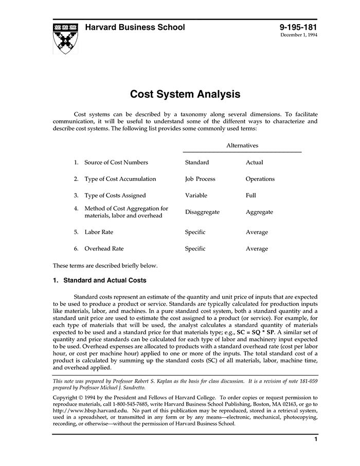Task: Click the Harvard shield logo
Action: [66, 38]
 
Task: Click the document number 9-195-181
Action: [298, 27]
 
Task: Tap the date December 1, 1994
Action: [299, 35]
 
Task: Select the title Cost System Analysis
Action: [185, 94]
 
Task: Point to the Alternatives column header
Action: [242, 146]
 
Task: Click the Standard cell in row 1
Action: [197, 163]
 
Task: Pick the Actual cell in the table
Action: [254, 163]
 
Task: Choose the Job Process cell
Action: [200, 179]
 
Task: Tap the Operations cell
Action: [260, 179]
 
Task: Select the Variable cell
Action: [196, 195]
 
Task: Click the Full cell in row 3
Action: [250, 195]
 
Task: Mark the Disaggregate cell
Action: [202, 212]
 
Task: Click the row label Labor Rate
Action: [99, 232]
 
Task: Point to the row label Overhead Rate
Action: [104, 248]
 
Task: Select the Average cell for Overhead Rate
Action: [257, 249]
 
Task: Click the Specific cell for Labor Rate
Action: [195, 232]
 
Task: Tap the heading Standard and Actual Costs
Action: [104, 280]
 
